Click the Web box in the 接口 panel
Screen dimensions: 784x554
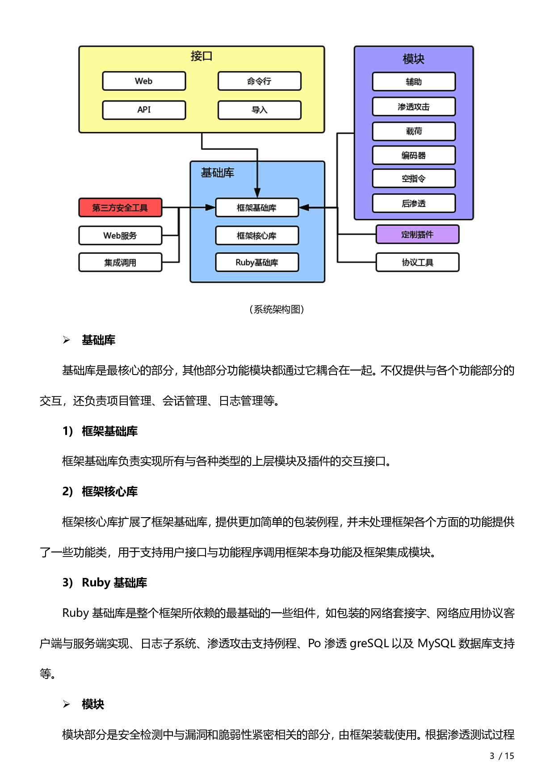click(x=144, y=81)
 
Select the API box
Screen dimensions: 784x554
click(x=144, y=110)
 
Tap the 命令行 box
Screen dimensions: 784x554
click(x=259, y=81)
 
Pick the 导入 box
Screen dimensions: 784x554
click(x=259, y=110)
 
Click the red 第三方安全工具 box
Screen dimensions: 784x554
click(x=120, y=207)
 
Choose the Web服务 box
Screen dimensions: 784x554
click(x=120, y=236)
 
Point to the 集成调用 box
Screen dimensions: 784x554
click(x=120, y=262)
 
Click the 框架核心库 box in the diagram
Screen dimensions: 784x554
click(x=256, y=236)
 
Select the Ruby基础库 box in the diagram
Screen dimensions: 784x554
click(x=256, y=262)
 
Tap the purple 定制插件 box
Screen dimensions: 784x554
click(x=417, y=234)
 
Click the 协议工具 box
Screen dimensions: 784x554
click(x=417, y=262)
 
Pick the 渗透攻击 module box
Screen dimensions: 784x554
click(x=414, y=107)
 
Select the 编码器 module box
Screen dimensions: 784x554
click(x=414, y=155)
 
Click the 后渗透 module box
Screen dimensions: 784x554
click(x=414, y=203)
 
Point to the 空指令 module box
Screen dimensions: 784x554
click(x=414, y=178)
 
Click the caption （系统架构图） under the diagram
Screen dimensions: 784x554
click(x=277, y=309)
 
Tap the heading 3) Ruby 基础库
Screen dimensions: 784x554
click(x=105, y=582)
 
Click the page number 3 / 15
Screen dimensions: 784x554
click(x=502, y=756)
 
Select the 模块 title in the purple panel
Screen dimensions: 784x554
click(x=413, y=59)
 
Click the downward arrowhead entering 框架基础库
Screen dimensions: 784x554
click(x=257, y=193)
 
